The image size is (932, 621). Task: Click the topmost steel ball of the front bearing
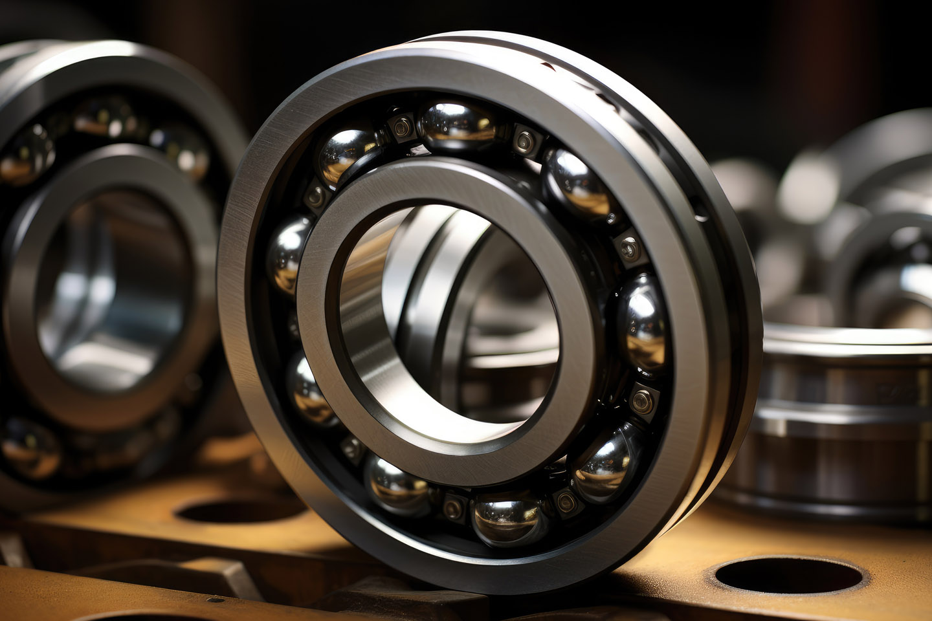[x=457, y=125]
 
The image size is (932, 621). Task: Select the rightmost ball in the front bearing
[x=643, y=321]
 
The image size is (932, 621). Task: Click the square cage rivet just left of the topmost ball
[x=401, y=127]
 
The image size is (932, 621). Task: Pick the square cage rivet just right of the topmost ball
[x=526, y=141]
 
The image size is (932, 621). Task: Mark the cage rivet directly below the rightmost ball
[x=643, y=401]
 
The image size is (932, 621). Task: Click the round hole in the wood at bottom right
[x=788, y=575]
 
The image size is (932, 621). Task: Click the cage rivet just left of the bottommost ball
[x=454, y=507]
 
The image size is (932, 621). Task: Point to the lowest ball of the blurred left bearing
[x=29, y=446]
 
